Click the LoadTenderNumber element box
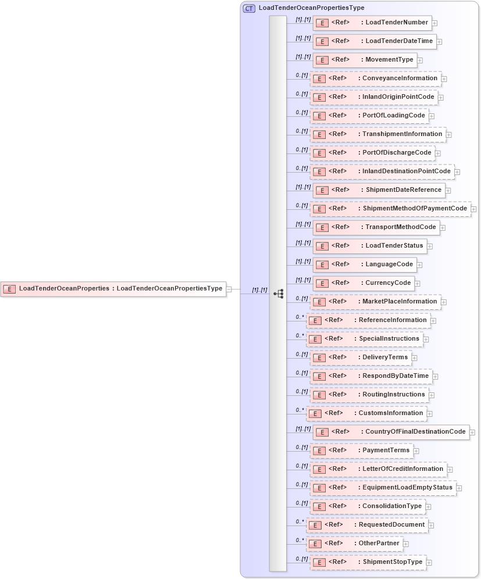click(x=372, y=23)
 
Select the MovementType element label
click(x=389, y=60)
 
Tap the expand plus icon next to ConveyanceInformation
click(x=444, y=78)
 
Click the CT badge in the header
click(x=249, y=8)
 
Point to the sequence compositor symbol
click(x=279, y=294)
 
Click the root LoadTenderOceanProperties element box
click(x=113, y=288)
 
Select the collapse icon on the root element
click(x=229, y=289)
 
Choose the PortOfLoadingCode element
click(x=369, y=116)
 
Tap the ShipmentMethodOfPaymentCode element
click(x=390, y=209)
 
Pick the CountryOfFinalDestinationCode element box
click(x=391, y=432)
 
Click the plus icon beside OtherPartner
click(x=406, y=544)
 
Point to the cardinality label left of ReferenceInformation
click(x=300, y=317)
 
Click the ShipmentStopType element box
click(x=368, y=562)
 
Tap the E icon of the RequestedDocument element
click(x=315, y=526)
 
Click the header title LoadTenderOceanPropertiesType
click(x=312, y=8)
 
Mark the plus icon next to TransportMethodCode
click(x=443, y=228)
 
